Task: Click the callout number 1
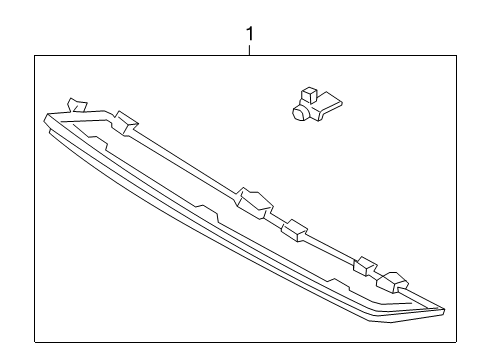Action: coord(249,34)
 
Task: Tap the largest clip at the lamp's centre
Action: coord(251,200)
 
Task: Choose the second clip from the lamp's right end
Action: coord(366,267)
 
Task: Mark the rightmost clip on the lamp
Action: coord(397,282)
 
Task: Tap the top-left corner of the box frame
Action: coord(36,56)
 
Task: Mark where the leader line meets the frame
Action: coord(249,56)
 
